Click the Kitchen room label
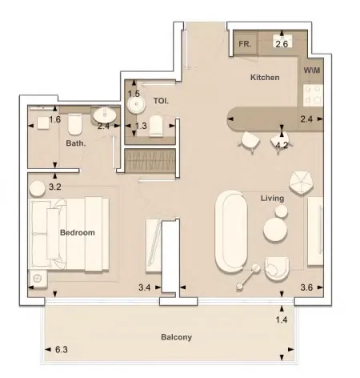tap(265, 78)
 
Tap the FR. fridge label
tap(245, 45)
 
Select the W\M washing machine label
tap(311, 70)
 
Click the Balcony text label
tap(176, 337)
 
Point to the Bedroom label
tap(78, 233)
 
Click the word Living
tap(273, 198)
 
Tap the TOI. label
tap(160, 101)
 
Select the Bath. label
tap(76, 144)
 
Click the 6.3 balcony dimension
tap(62, 350)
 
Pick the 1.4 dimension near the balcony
tap(281, 320)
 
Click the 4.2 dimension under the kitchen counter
tap(282, 145)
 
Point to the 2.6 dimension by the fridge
tap(282, 44)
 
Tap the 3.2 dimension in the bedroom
tap(55, 187)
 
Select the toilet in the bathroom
tap(74, 124)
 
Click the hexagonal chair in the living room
tap(302, 183)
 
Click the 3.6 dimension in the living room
tap(306, 288)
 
